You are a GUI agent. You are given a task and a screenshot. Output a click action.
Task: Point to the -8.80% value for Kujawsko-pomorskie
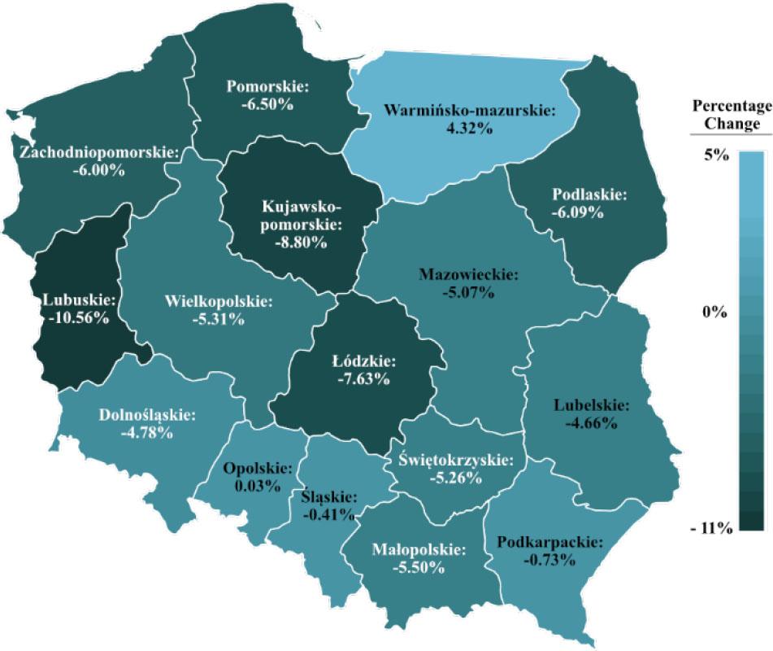point(302,242)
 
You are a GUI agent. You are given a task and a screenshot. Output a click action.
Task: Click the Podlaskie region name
point(589,195)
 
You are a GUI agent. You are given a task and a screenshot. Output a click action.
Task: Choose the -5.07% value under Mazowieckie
point(469,292)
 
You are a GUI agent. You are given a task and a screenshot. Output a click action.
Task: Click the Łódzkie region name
point(364,360)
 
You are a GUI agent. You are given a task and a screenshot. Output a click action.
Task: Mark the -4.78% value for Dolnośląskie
point(147,432)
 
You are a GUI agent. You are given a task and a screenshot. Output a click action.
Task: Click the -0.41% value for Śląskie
point(328,513)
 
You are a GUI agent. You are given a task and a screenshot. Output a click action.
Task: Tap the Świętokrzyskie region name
point(456,460)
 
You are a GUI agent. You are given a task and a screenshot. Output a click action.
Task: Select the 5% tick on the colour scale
point(714,155)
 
